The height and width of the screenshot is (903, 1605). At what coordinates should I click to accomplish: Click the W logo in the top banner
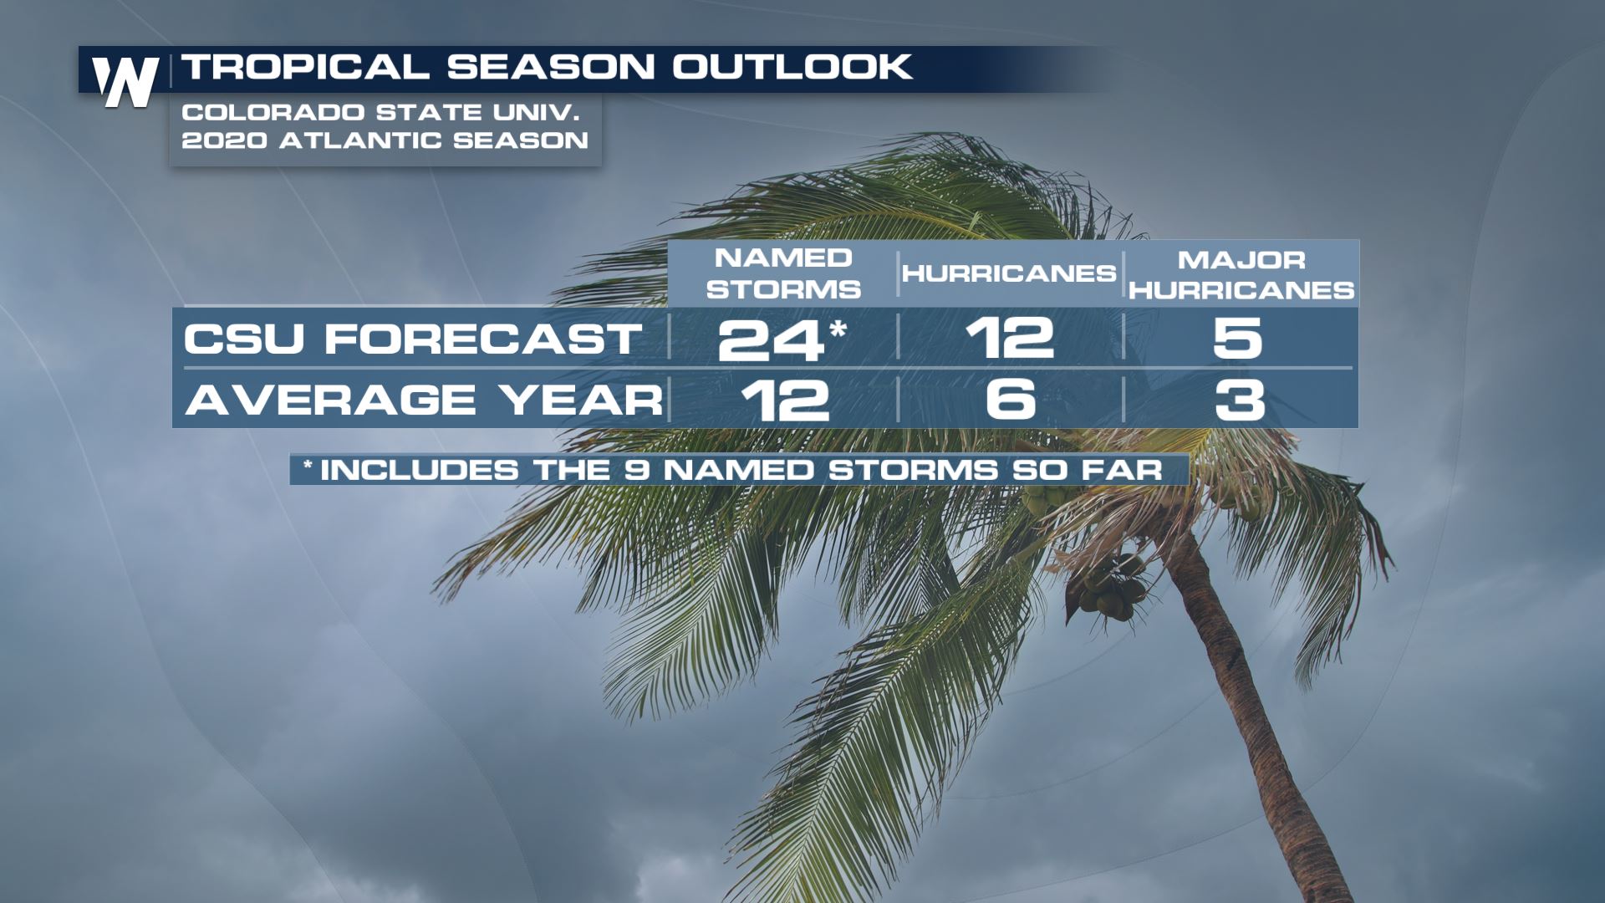pyautogui.click(x=125, y=82)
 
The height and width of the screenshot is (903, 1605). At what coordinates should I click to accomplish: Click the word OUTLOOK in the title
pyautogui.click(x=792, y=67)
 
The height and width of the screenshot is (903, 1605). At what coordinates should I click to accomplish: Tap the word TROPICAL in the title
pyautogui.click(x=305, y=67)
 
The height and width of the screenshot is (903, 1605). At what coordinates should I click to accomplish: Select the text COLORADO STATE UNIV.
pyautogui.click(x=380, y=112)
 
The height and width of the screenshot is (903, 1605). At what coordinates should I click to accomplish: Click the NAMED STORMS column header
pyautogui.click(x=783, y=273)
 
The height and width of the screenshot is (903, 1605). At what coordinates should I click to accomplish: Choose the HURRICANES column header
pyautogui.click(x=1009, y=273)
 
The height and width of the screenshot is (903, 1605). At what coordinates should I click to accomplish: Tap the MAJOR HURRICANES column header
pyautogui.click(x=1241, y=274)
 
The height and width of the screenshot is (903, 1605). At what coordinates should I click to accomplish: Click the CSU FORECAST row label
pyautogui.click(x=413, y=339)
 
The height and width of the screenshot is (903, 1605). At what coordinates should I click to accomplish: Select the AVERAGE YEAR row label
pyautogui.click(x=424, y=400)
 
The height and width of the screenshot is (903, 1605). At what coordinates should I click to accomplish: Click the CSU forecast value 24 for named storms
pyautogui.click(x=771, y=339)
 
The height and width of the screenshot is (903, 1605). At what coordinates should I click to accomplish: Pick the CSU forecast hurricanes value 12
pyautogui.click(x=1010, y=338)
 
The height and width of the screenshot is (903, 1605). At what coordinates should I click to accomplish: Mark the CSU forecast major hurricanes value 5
pyautogui.click(x=1237, y=338)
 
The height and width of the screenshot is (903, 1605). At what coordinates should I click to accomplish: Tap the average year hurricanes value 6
pyautogui.click(x=1011, y=399)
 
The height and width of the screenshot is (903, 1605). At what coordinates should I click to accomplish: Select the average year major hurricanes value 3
pyautogui.click(x=1239, y=400)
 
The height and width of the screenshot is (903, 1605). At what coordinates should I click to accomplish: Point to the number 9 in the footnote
pyautogui.click(x=636, y=470)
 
